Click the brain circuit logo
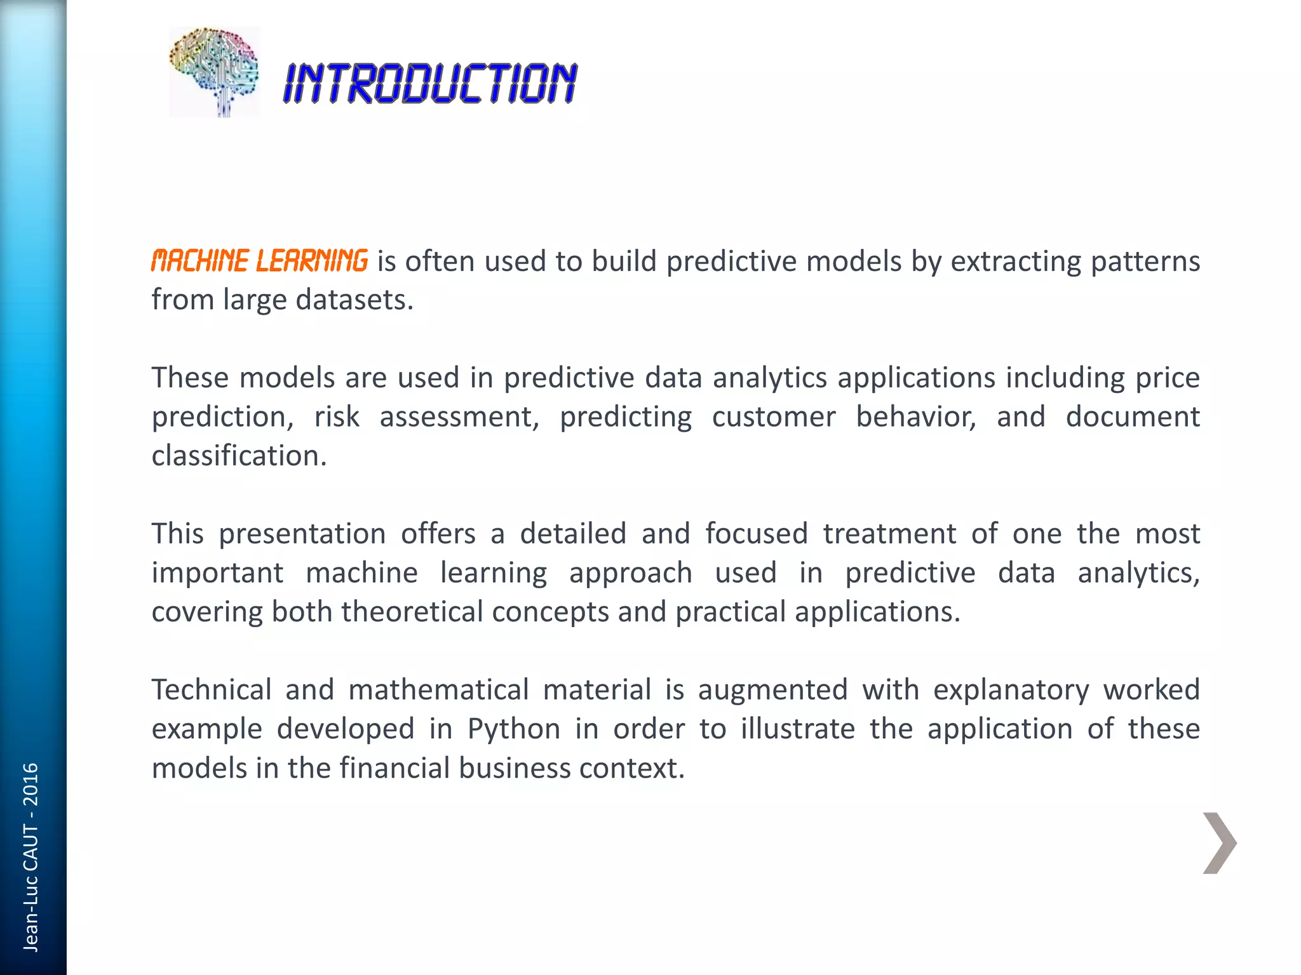(x=214, y=72)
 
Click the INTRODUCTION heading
(x=430, y=83)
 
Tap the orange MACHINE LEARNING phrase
(x=259, y=261)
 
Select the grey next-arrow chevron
(x=1219, y=843)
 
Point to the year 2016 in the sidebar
(x=30, y=785)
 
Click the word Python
(x=514, y=729)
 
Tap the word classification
(x=239, y=456)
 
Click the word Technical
(x=212, y=690)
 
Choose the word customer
(x=773, y=417)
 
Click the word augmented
(x=773, y=690)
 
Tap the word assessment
(x=459, y=417)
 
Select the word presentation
(x=302, y=534)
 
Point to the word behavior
(x=916, y=417)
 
